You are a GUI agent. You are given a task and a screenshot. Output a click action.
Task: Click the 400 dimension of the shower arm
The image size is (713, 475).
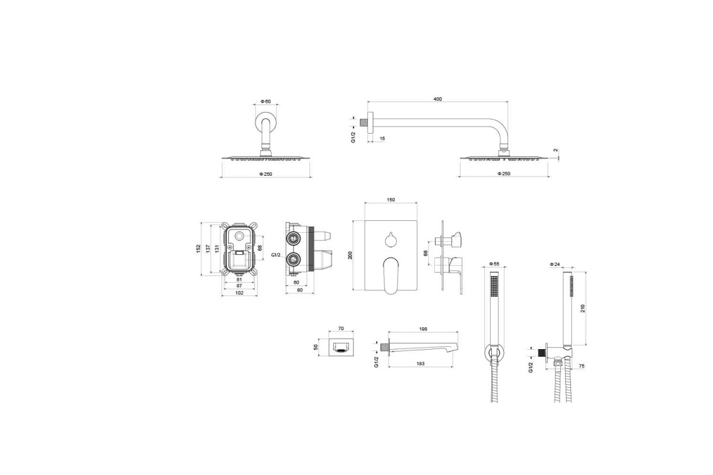click(x=438, y=99)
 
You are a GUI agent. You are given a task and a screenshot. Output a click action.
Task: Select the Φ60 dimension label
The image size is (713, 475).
click(x=266, y=102)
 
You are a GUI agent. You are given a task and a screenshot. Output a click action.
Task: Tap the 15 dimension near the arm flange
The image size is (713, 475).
click(x=382, y=138)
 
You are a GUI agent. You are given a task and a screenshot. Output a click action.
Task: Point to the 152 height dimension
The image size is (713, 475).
click(x=198, y=248)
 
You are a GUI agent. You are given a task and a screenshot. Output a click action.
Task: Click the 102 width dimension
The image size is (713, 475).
click(x=239, y=293)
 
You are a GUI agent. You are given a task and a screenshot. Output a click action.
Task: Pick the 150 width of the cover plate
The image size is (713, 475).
click(x=391, y=200)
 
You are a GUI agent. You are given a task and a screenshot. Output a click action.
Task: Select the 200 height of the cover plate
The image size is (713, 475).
click(x=350, y=255)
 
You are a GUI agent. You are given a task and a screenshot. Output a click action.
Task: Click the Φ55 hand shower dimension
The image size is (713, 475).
click(x=494, y=264)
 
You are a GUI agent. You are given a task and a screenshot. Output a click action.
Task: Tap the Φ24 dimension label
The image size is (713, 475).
click(x=554, y=264)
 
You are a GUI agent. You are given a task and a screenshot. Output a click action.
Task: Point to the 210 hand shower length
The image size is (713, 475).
click(x=583, y=308)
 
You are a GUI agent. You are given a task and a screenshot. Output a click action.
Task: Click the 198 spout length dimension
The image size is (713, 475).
click(x=423, y=329)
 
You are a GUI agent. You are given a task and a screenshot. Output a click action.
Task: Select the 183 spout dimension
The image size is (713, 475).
click(x=421, y=363)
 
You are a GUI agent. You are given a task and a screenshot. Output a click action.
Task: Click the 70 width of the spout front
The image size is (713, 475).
click(x=341, y=329)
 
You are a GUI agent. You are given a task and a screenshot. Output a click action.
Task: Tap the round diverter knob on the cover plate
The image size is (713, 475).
click(x=390, y=240)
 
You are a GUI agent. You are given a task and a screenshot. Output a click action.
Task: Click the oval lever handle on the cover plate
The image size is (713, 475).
click(x=390, y=275)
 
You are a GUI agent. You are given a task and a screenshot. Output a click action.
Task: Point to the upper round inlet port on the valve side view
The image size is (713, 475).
click(x=292, y=237)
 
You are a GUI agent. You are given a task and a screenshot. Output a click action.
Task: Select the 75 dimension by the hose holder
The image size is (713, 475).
click(x=582, y=366)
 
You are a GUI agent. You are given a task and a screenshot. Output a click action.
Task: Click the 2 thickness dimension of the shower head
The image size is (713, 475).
click(x=556, y=150)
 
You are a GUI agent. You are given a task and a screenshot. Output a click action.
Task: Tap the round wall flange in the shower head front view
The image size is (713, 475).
click(x=266, y=123)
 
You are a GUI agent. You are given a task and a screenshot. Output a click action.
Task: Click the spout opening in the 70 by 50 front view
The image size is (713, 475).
click(x=341, y=348)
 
